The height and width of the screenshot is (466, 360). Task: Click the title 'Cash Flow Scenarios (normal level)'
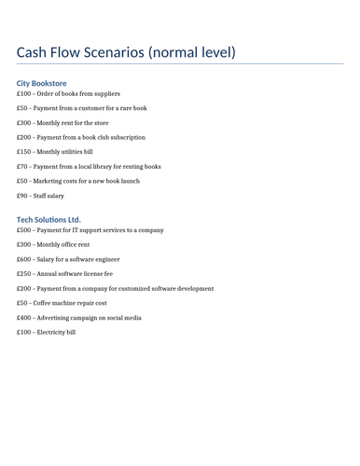[x=126, y=52]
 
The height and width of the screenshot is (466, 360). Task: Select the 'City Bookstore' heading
[x=42, y=83]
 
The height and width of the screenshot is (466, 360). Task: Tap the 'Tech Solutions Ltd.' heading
[x=48, y=220]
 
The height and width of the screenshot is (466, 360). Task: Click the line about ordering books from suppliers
[x=68, y=94]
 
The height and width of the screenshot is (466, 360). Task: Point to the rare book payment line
[x=81, y=108]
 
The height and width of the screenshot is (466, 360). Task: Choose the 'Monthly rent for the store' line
[x=62, y=123]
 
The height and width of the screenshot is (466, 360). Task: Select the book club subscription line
[x=81, y=137]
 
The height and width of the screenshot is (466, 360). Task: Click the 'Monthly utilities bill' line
[x=55, y=152]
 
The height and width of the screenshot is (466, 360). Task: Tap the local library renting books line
[x=89, y=167]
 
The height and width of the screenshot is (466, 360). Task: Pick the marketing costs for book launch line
[x=78, y=181]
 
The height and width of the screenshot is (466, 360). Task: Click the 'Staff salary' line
[x=40, y=196]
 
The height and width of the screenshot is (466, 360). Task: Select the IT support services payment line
[x=90, y=230]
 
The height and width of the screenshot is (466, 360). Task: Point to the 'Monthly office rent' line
[x=53, y=245]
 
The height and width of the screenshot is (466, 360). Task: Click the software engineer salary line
[x=68, y=259]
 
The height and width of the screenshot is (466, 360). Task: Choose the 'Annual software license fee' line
[x=64, y=274]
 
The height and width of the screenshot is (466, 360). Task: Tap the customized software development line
[x=115, y=289]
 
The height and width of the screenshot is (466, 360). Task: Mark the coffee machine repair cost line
[x=62, y=303]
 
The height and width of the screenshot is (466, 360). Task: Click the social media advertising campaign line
[x=79, y=318]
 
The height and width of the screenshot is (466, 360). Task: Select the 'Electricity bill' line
[x=47, y=332]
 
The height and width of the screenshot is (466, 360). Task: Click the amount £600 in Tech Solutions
[x=23, y=259]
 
